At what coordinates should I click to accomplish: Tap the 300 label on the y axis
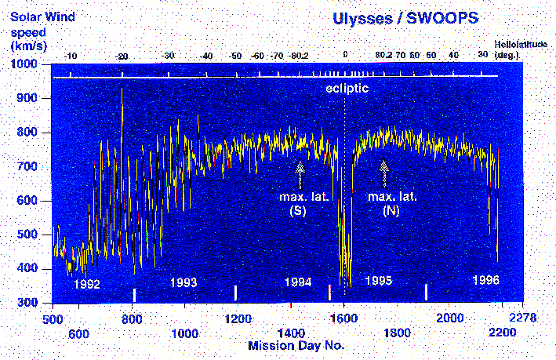(x=30, y=303)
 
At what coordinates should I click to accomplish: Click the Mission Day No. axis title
(x=296, y=344)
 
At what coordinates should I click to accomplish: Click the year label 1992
(x=86, y=284)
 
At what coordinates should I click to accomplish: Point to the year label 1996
(x=485, y=279)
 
